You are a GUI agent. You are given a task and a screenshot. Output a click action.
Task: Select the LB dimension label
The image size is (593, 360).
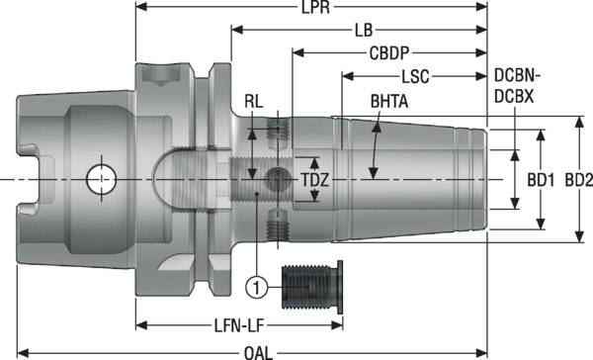365,31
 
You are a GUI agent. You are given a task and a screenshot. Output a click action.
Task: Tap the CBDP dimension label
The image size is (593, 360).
389,52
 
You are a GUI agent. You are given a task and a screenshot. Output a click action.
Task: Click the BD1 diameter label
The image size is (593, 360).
539,181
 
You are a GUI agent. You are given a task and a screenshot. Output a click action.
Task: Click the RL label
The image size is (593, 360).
255,102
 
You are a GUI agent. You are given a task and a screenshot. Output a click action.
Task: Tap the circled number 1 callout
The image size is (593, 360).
256,288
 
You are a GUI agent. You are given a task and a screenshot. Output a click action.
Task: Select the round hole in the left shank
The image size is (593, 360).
100,180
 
